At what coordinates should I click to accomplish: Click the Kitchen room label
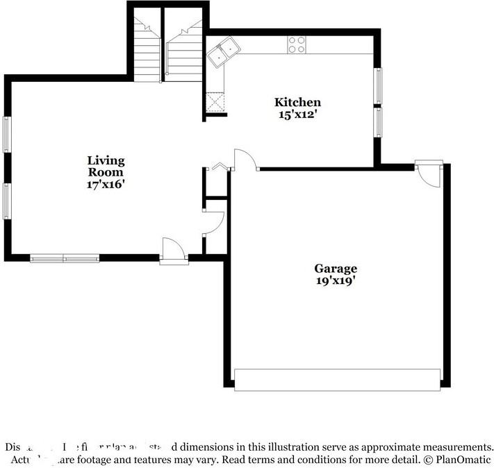pos(297,103)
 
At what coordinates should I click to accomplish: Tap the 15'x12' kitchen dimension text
pos(297,115)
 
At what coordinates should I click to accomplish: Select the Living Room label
pos(106,166)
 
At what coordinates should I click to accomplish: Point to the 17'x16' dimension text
pos(106,185)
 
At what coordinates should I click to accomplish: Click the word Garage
pos(335,269)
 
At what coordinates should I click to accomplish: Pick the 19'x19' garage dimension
pos(335,281)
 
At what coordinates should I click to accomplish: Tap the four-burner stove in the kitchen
pos(297,45)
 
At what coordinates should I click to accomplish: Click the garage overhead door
pos(337,380)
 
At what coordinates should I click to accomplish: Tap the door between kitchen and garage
pos(245,160)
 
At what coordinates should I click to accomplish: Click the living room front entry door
pos(172,251)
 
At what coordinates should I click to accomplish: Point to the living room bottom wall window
pos(65,258)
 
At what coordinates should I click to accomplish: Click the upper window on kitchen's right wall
pos(378,85)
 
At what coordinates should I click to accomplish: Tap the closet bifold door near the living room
pos(220,167)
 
